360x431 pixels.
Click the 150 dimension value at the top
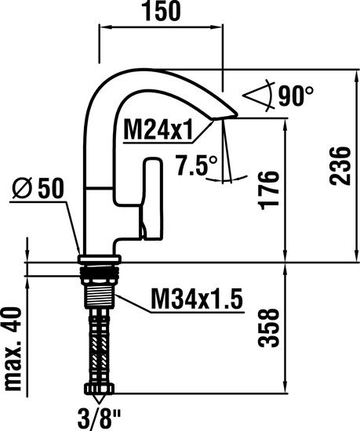click(x=160, y=12)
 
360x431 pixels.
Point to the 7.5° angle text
click(x=195, y=166)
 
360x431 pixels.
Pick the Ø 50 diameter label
click(x=38, y=188)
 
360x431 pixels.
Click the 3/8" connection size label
click(x=100, y=416)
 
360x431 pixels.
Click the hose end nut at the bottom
click(x=100, y=389)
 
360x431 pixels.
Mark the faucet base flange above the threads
click(x=99, y=260)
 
